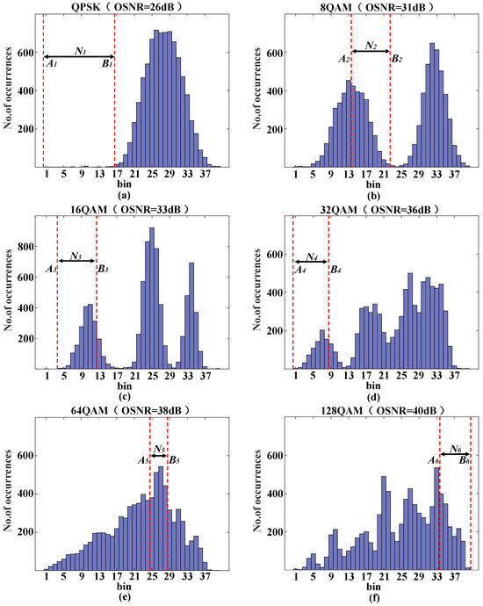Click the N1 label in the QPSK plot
(80, 50)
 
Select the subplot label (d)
(374, 397)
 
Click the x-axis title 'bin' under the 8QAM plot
(374, 184)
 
